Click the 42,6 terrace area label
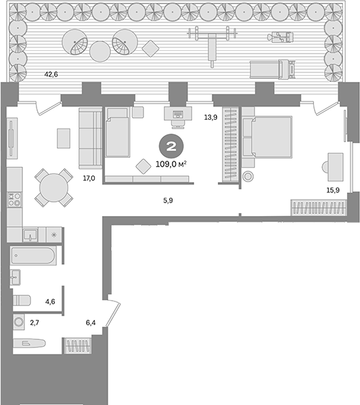point(50,74)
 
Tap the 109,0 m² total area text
point(170,163)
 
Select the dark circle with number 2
point(169,145)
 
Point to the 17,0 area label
point(89,179)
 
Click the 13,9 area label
point(210,118)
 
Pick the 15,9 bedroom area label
point(332,190)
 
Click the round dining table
point(53,187)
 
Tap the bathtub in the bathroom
point(34,256)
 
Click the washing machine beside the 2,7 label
point(19,322)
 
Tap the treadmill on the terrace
point(273,68)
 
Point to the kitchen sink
point(30,234)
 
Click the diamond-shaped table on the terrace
point(151,47)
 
